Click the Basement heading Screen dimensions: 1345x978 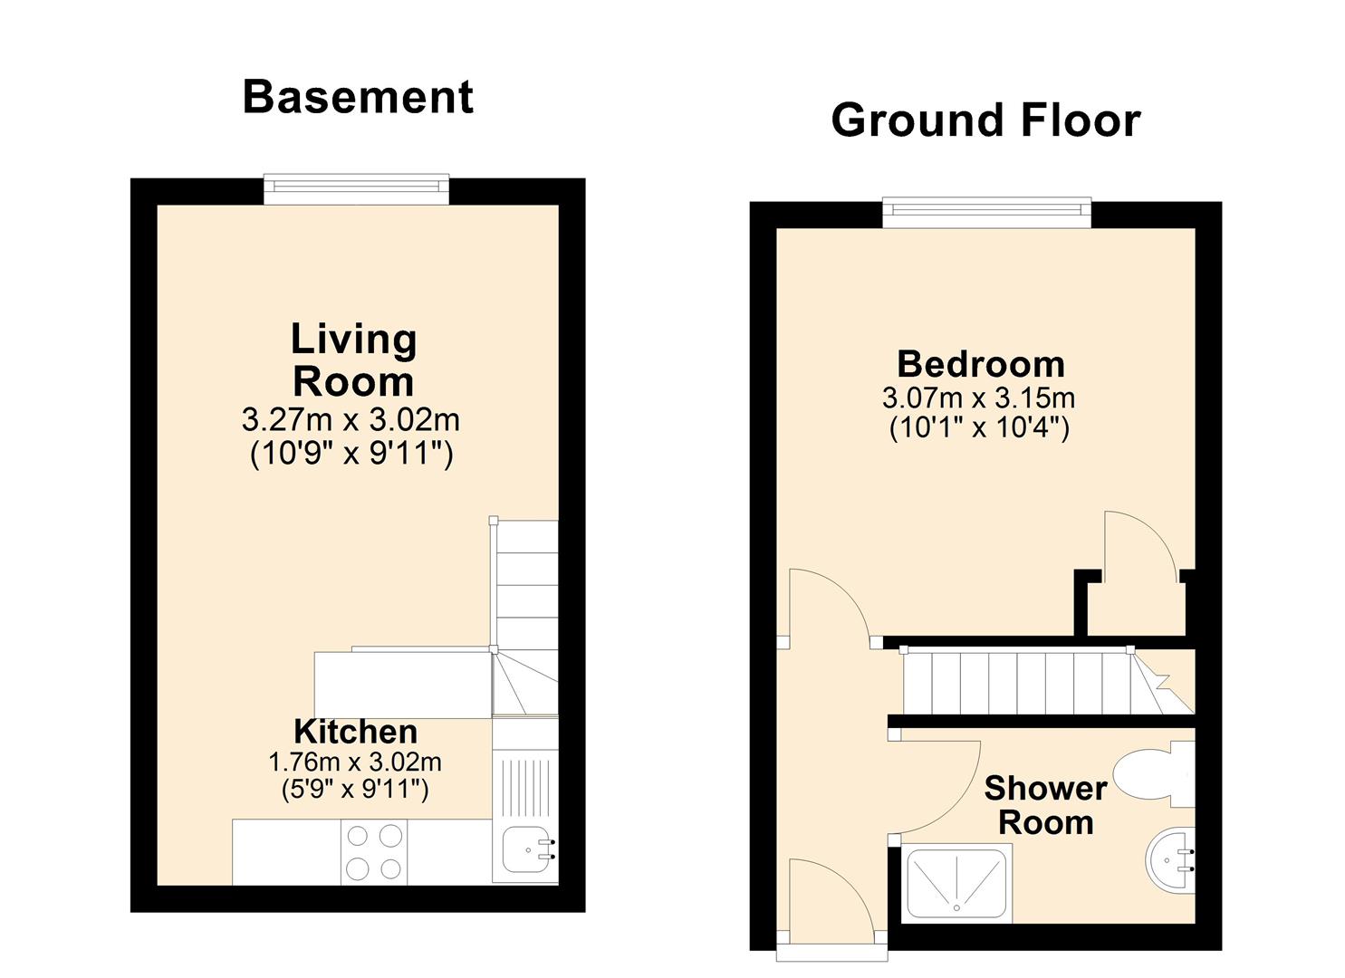(x=358, y=98)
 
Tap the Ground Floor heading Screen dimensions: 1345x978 (x=985, y=120)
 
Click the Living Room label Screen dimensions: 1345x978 (x=353, y=360)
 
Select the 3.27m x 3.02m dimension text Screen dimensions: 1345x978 (x=351, y=419)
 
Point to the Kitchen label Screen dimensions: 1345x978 (x=355, y=732)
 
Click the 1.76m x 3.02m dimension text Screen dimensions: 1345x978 (x=355, y=762)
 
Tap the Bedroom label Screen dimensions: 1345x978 (x=981, y=364)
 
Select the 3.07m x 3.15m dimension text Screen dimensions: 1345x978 (x=979, y=398)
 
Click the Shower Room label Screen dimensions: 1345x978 (x=1046, y=805)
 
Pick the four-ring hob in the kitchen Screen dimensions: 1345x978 (x=374, y=852)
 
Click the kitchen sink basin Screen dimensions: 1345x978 (x=526, y=849)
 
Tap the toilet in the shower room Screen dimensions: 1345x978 (x=1154, y=774)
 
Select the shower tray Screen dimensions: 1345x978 (x=956, y=883)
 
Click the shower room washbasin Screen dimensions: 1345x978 (x=1171, y=859)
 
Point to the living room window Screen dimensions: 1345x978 (x=357, y=189)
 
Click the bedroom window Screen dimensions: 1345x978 (x=986, y=213)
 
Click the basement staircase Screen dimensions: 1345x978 (x=524, y=618)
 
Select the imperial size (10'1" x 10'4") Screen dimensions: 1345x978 (x=979, y=428)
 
